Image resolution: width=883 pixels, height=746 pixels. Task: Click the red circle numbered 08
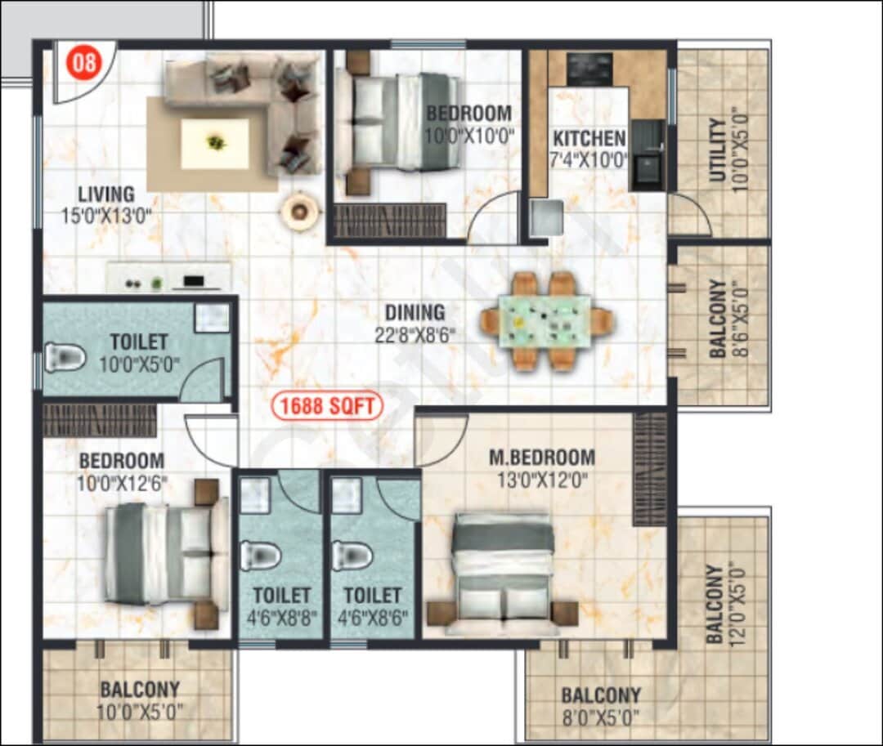pyautogui.click(x=83, y=63)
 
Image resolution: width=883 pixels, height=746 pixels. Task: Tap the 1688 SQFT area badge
pyautogui.click(x=327, y=406)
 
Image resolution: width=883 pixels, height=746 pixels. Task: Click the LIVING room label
pyautogui.click(x=106, y=194)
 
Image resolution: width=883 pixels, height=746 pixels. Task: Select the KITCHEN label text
pyautogui.click(x=589, y=138)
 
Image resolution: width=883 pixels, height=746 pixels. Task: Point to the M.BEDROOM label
pyautogui.click(x=542, y=458)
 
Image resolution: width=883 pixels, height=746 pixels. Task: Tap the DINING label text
pyautogui.click(x=415, y=312)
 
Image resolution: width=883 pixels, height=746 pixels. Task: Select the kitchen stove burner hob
pyautogui.click(x=589, y=69)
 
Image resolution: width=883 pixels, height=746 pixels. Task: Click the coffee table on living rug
pyautogui.click(x=215, y=144)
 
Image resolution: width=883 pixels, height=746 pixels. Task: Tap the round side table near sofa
pyautogui.click(x=299, y=211)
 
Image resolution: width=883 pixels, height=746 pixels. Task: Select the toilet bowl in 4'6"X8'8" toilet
pyautogui.click(x=260, y=556)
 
